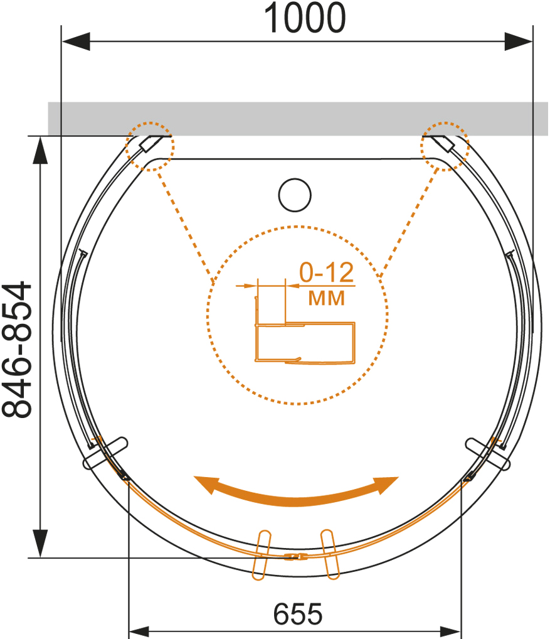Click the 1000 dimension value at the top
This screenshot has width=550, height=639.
[x=305, y=18]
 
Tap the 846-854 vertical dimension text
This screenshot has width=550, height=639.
[x=17, y=349]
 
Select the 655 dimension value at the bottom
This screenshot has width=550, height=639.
[x=298, y=614]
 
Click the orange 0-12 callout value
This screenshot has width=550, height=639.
[x=327, y=272]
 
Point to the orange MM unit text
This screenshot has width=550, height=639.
[x=326, y=298]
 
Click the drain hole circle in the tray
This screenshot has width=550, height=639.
[x=295, y=195]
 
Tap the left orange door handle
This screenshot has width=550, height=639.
[x=262, y=555]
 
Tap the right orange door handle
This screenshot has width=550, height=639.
[x=330, y=554]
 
